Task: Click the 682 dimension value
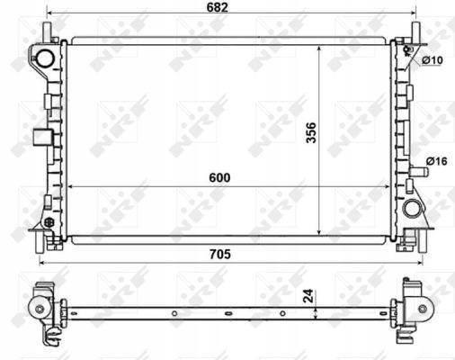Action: tap(218, 7)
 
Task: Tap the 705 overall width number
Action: tap(220, 255)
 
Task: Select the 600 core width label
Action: tap(219, 177)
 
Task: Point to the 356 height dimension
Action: tap(311, 132)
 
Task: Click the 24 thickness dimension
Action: tap(308, 296)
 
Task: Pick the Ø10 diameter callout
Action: tap(433, 60)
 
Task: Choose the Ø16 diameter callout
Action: tap(437, 161)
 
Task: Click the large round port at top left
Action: tap(45, 58)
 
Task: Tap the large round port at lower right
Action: tap(413, 208)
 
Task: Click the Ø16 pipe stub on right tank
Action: tap(419, 172)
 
